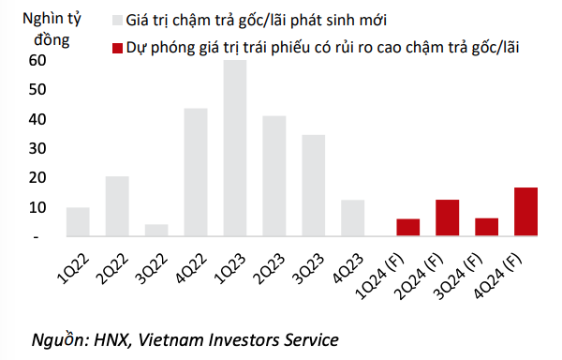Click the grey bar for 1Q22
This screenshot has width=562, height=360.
pyautogui.click(x=78, y=222)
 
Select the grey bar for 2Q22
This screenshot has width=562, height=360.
pyautogui.click(x=117, y=206)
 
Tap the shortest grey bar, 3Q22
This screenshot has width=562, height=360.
pyautogui.click(x=156, y=231)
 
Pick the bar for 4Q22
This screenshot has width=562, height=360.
pyautogui.click(x=196, y=172)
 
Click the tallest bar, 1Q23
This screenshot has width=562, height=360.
pyautogui.click(x=234, y=148)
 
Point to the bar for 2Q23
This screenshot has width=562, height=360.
pyautogui.click(x=274, y=176)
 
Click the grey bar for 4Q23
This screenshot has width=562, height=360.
pyautogui.click(x=353, y=218)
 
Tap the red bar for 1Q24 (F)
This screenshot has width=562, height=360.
pyautogui.click(x=408, y=228)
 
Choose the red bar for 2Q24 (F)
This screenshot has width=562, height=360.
pyautogui.click(x=448, y=218)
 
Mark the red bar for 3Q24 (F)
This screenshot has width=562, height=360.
pyautogui.click(x=487, y=228)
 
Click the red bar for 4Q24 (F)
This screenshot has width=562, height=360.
pyautogui.click(x=525, y=212)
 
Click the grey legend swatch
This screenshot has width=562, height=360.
pyautogui.click(x=117, y=20)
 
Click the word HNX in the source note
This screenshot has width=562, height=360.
pyautogui.click(x=107, y=338)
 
